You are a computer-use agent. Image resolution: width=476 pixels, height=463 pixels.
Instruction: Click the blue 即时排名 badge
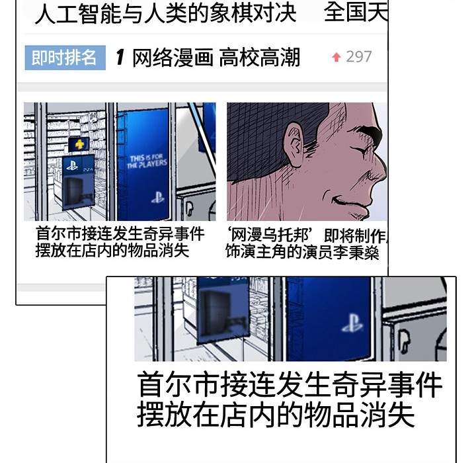tap(65, 58)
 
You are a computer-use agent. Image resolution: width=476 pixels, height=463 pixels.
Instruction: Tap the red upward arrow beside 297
tap(336, 58)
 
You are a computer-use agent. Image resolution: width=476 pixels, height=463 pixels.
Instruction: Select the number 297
tap(359, 57)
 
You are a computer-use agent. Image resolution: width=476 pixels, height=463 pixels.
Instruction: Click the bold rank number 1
tap(120, 58)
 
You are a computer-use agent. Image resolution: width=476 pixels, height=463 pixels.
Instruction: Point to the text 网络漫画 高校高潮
tap(216, 58)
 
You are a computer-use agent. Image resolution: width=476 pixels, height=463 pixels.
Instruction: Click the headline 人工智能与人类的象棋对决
tap(165, 13)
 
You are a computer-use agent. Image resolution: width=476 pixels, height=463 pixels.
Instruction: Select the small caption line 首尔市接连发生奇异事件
tap(120, 234)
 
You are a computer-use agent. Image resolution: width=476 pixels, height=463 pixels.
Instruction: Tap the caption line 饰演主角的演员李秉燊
tap(302, 252)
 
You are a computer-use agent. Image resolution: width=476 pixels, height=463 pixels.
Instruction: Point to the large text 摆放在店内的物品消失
tap(276, 415)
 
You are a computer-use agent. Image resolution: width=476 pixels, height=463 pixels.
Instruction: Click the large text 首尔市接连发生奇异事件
tap(290, 385)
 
